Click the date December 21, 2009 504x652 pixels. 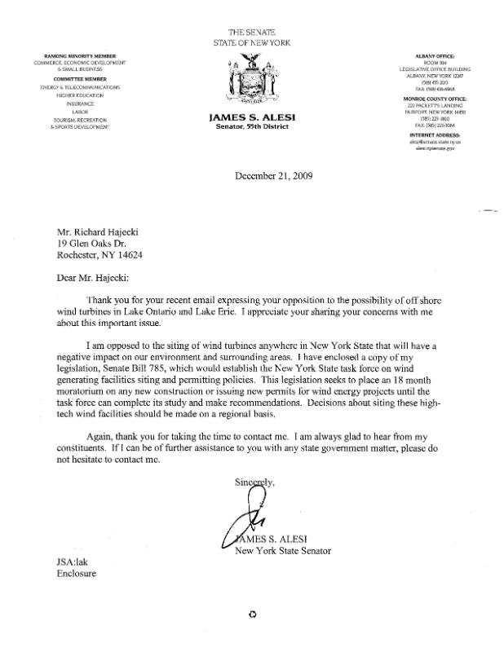click(272, 175)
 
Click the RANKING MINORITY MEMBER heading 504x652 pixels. click(80, 55)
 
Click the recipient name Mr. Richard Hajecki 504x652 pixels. click(104, 231)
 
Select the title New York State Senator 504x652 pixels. click(282, 550)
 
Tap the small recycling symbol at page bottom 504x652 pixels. click(252, 615)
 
